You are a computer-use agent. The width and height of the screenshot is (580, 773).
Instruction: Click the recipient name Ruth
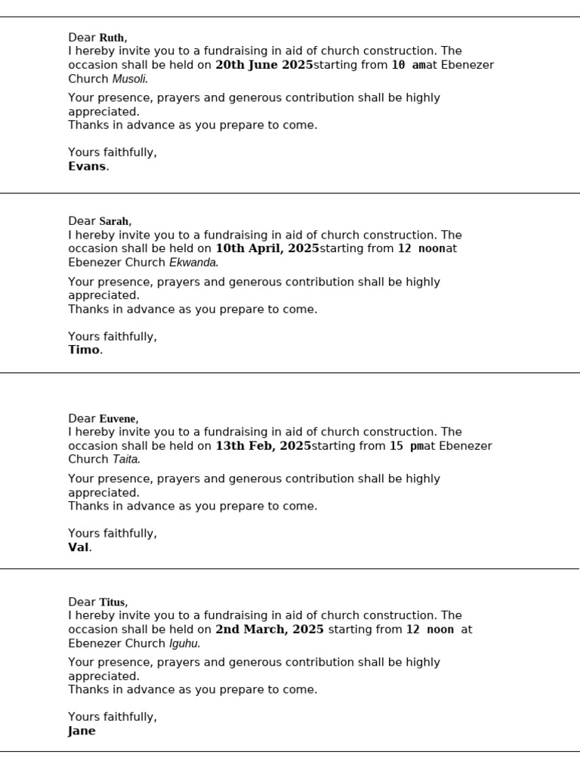112,38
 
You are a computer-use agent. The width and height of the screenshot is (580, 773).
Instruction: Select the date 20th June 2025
264,65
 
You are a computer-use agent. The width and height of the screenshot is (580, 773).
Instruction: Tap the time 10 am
409,65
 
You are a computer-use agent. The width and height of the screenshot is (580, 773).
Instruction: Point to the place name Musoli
129,79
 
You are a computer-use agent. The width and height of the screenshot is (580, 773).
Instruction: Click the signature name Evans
87,166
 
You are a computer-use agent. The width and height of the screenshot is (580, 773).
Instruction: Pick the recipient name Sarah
114,221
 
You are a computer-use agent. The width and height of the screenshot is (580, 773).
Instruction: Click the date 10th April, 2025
267,248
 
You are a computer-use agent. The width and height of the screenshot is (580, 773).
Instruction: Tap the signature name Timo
84,350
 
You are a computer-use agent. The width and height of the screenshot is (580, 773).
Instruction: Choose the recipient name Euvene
118,418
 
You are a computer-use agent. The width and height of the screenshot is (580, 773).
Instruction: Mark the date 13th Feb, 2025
263,446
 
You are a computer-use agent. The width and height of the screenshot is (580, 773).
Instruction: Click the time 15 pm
406,446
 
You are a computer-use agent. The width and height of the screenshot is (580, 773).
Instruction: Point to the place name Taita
125,459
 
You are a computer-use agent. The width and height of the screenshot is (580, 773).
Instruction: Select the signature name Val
79,547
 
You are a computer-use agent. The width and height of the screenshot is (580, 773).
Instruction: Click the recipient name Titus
113,602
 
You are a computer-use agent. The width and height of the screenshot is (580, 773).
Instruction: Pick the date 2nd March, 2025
270,629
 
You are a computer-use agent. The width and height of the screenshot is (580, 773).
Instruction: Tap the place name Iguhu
184,643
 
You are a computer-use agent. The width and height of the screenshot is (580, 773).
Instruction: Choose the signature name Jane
82,731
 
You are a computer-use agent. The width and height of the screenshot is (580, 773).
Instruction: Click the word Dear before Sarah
82,221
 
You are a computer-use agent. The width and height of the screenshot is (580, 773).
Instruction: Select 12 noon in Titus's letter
430,629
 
